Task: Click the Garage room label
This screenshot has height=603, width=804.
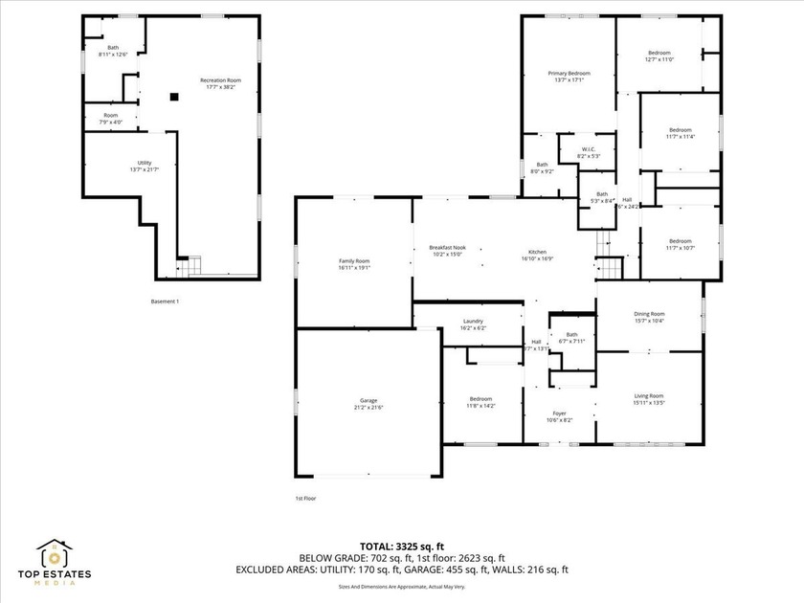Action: [368, 400]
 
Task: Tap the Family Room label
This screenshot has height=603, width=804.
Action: [354, 261]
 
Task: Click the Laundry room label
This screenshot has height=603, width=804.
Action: [473, 322]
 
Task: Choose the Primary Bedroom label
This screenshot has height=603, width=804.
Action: [569, 74]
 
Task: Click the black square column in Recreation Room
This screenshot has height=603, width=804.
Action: [174, 96]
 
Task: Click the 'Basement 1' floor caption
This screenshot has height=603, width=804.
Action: [166, 301]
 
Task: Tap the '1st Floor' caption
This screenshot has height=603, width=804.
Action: [305, 499]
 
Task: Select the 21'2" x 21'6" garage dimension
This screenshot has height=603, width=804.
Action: [368, 407]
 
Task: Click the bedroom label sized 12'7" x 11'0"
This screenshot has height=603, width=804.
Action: [659, 56]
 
